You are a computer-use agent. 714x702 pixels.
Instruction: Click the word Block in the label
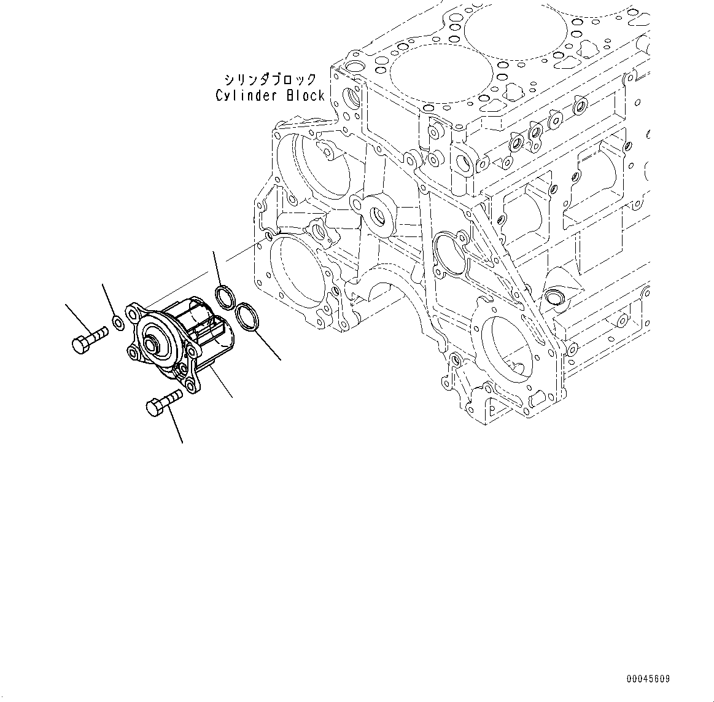(306, 96)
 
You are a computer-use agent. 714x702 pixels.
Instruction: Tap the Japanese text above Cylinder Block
(270, 80)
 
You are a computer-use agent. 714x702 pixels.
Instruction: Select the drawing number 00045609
(648, 679)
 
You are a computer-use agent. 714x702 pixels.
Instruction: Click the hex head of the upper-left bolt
(80, 345)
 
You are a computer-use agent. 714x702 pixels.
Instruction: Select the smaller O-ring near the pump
(225, 297)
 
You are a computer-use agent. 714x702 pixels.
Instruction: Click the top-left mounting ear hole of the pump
(134, 313)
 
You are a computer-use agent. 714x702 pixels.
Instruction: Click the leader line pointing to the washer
(109, 300)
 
